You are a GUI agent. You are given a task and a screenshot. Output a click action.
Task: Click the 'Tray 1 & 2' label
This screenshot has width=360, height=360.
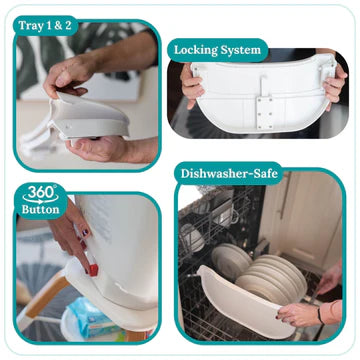pyautogui.click(x=45, y=26)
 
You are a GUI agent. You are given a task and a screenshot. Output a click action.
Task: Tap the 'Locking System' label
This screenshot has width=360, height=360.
pyautogui.click(x=217, y=50)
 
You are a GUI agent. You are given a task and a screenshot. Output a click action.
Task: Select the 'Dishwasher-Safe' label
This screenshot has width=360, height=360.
pyautogui.click(x=229, y=174)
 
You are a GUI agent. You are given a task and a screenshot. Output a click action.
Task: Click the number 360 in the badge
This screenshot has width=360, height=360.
pyautogui.click(x=39, y=192)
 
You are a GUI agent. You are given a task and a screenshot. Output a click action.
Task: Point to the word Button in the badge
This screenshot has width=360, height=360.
pyautogui.click(x=40, y=210)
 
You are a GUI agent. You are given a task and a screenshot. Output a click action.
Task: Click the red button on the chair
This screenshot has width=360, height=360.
pyautogui.click(x=93, y=269)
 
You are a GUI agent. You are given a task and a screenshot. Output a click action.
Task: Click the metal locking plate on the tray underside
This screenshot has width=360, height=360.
pyautogui.click(x=265, y=113)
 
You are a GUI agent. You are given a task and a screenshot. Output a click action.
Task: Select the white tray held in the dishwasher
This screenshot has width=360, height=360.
pyautogui.click(x=246, y=299)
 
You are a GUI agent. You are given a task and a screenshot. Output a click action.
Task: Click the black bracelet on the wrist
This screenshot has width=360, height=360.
pyautogui.click(x=320, y=316)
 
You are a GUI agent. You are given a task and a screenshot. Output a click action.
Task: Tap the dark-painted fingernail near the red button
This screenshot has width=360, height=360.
pyautogui.click(x=86, y=232)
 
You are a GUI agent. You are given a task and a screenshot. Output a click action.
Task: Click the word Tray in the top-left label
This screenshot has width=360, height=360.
pyautogui.click(x=30, y=26)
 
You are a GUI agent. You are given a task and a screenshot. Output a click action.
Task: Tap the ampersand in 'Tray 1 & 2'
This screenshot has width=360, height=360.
pyautogui.click(x=58, y=26)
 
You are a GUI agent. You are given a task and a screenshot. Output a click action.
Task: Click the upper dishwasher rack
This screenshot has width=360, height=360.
pyautogui.click(x=217, y=217)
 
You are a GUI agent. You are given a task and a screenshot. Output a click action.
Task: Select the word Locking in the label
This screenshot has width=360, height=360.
pyautogui.click(x=196, y=51)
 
